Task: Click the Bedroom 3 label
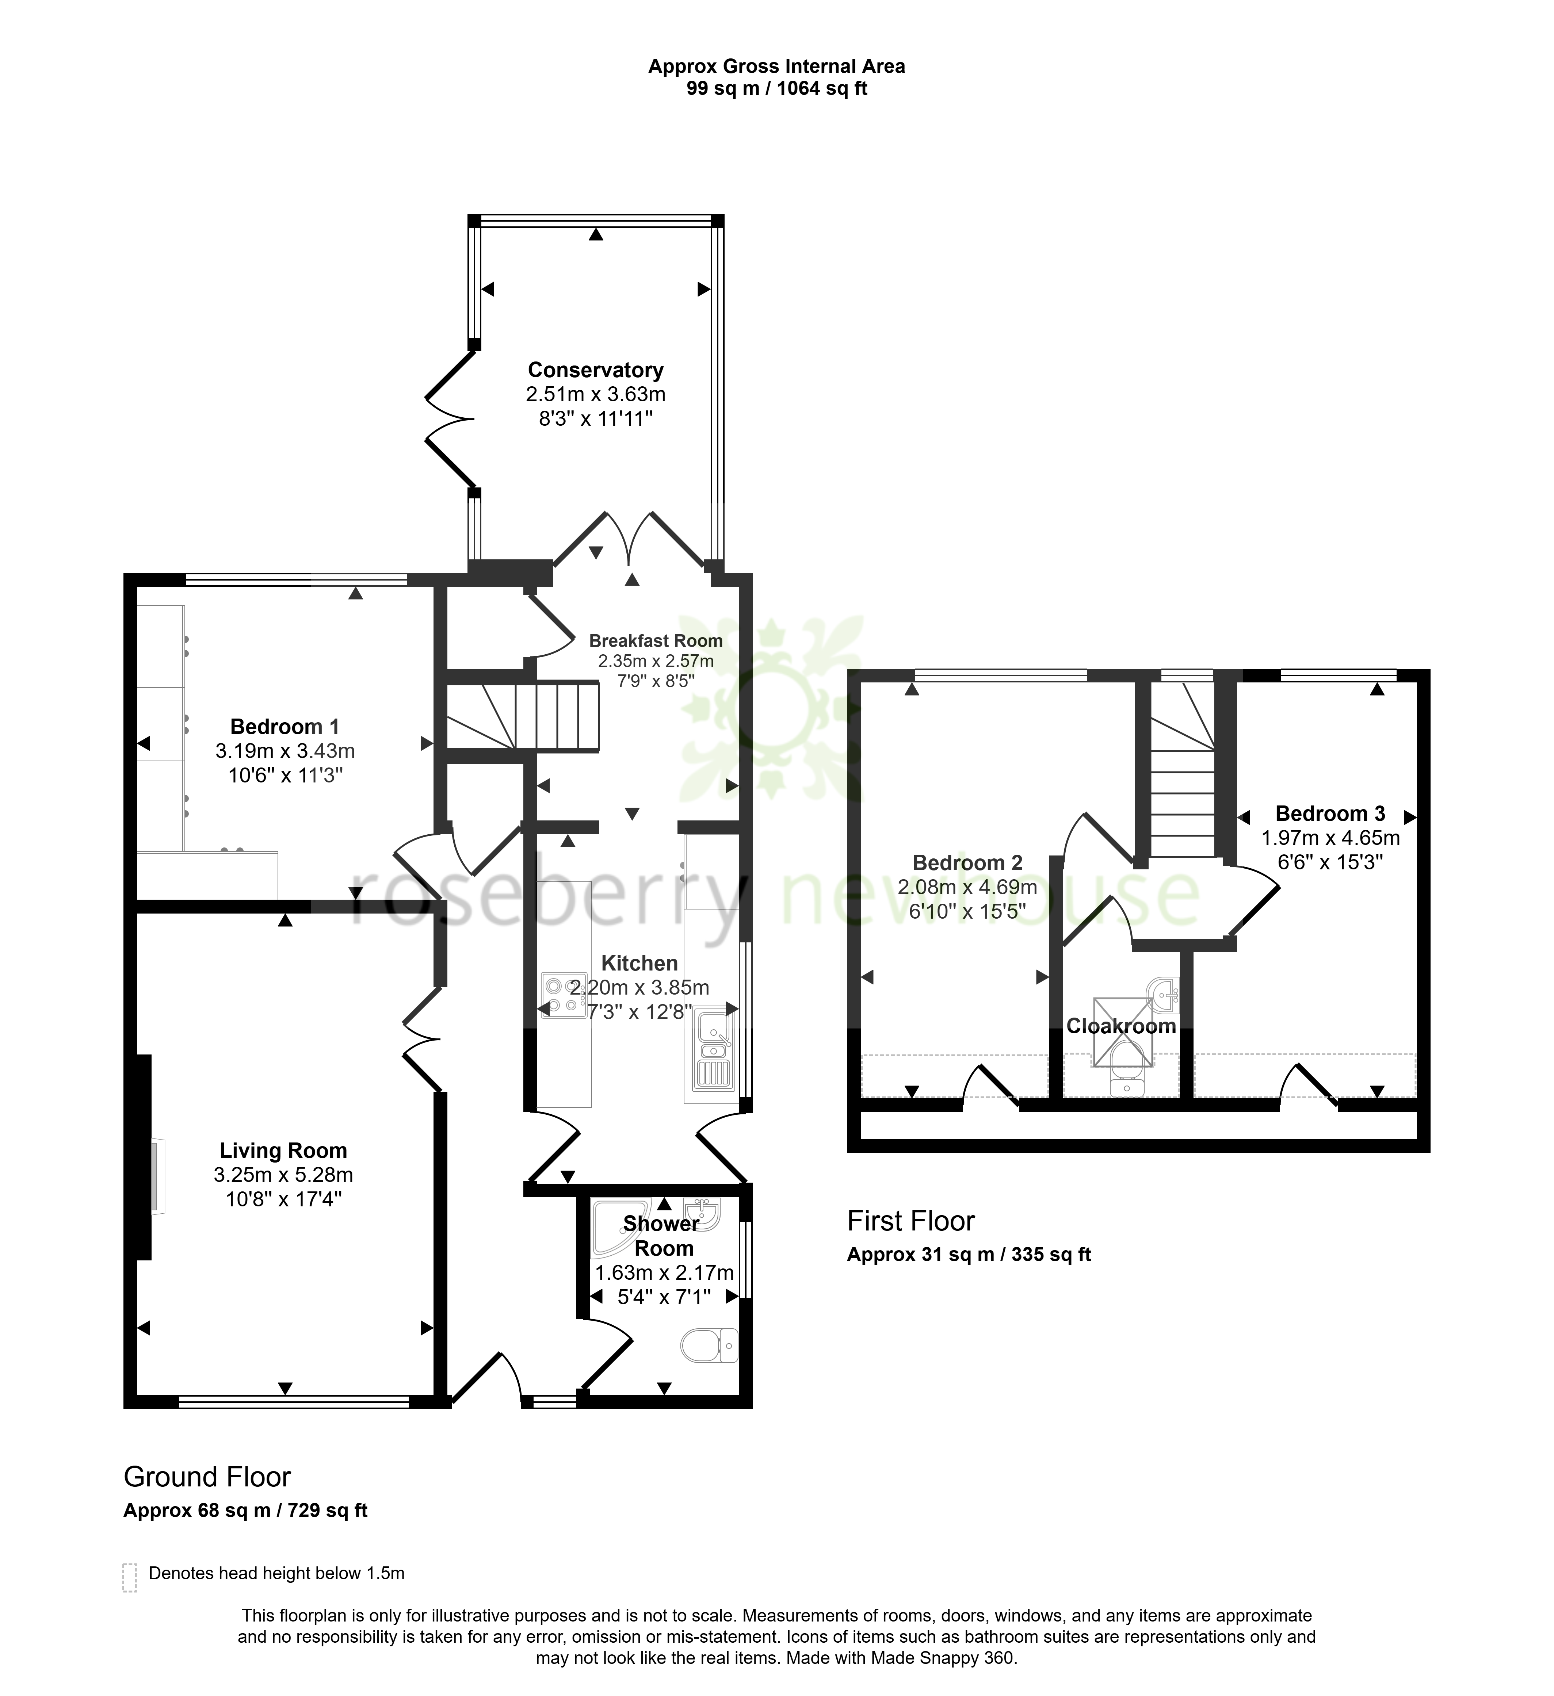(1330, 813)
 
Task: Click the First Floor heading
(910, 1221)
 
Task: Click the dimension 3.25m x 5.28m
(283, 1174)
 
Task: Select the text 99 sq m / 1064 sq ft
(776, 88)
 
